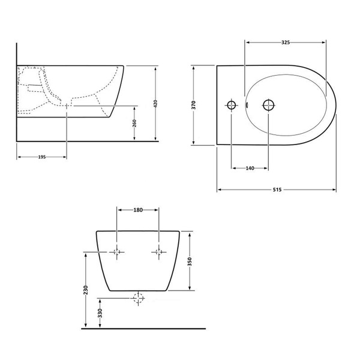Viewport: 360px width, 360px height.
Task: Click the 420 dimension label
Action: pos(155,104)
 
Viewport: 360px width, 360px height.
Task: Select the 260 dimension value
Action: pos(134,123)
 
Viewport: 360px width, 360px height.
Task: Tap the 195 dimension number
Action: pos(42,157)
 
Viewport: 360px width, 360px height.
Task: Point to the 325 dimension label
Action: pos(286,43)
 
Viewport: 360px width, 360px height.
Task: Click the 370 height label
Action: pos(194,104)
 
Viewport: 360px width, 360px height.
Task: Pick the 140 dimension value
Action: pos(250,168)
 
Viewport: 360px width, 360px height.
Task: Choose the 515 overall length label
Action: pos(277,190)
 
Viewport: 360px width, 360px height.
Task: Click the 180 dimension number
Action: pos(138,210)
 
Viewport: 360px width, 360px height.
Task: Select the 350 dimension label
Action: pos(190,262)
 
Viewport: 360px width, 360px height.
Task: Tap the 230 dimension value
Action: pos(86,290)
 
